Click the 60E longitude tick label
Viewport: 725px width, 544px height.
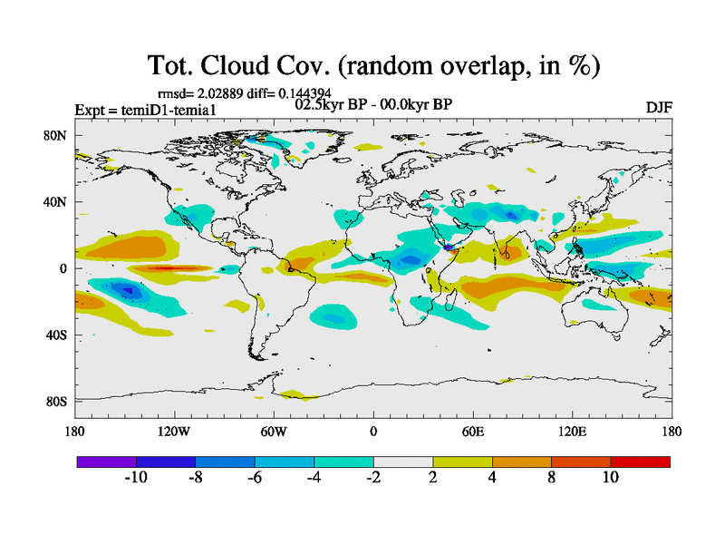pos(473,432)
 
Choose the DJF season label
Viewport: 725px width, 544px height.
pos(659,107)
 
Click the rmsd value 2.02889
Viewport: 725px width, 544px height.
pos(214,93)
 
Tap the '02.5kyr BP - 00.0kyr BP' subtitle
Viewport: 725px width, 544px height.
pos(373,104)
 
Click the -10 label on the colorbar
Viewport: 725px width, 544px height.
pos(136,477)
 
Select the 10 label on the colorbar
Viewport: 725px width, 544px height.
pos(610,477)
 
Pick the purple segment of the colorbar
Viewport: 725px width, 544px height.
pos(107,461)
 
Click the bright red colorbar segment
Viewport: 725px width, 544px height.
pos(640,461)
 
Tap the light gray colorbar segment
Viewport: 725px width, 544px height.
pos(403,461)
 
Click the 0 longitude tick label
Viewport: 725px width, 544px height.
pos(373,432)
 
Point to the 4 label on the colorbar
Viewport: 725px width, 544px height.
pos(492,477)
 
